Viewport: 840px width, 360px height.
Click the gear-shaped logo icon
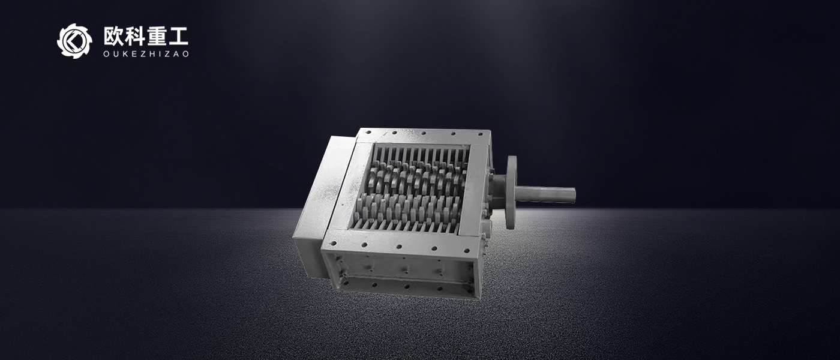pyautogui.click(x=74, y=41)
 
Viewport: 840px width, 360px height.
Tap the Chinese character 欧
pyautogui.click(x=113, y=37)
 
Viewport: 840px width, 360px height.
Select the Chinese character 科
pyautogui.click(x=135, y=37)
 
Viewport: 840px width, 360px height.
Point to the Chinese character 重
pyautogui.click(x=157, y=37)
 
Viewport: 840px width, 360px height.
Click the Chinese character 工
pyautogui.click(x=178, y=37)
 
